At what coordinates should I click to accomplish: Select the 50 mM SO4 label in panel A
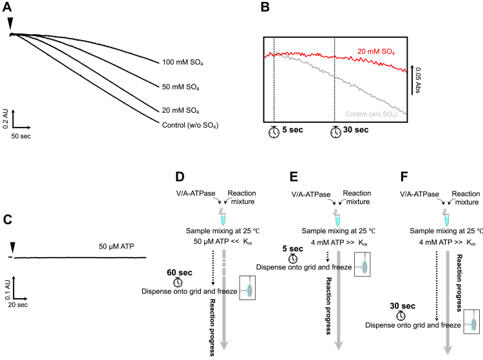(x=187, y=85)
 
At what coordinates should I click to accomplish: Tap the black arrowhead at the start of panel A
(x=9, y=24)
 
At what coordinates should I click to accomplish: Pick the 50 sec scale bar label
(x=23, y=137)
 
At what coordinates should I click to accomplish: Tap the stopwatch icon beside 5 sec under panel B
(x=274, y=132)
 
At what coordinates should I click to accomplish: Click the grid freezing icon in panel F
(x=473, y=325)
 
